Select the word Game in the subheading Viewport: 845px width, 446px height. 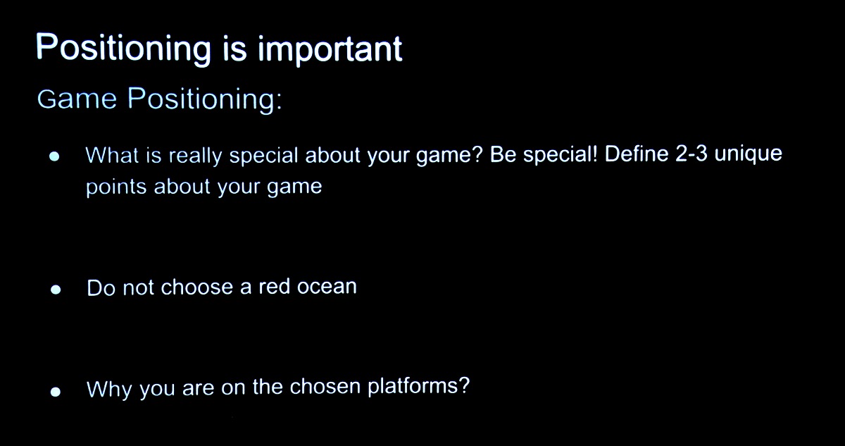coord(77,99)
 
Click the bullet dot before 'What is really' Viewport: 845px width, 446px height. coord(54,156)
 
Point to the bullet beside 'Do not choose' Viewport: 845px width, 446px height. coord(56,290)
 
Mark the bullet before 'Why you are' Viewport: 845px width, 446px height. coord(56,392)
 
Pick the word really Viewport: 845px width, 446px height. coord(196,156)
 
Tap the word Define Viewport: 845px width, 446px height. coord(637,154)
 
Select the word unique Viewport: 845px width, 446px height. coord(749,155)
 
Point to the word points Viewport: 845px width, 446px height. coord(116,187)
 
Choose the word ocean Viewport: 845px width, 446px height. coord(327,287)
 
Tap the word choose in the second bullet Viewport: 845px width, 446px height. coord(197,287)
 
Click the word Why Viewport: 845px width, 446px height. coord(109,389)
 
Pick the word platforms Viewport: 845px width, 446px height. coord(413,387)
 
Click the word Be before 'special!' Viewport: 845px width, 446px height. coord(503,154)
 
